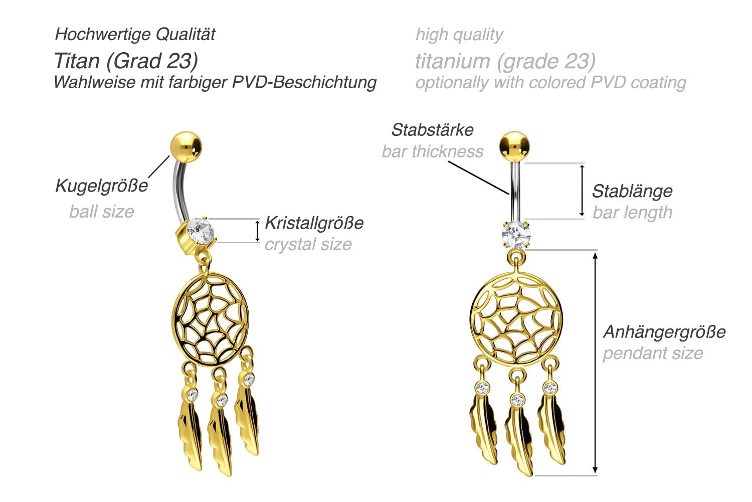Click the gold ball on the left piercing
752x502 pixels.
click(186, 147)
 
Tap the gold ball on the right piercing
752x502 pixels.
click(514, 147)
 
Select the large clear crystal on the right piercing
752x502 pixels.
click(516, 235)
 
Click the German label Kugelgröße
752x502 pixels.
click(101, 186)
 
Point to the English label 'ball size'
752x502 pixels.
click(102, 212)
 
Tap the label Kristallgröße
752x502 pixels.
click(314, 223)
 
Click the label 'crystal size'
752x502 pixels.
click(308, 244)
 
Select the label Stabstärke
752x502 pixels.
click(432, 129)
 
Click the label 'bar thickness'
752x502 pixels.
click(433, 151)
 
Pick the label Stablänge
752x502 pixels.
click(632, 192)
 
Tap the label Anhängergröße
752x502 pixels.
click(664, 332)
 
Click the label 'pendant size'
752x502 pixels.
click(653, 353)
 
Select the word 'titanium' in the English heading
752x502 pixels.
click(453, 61)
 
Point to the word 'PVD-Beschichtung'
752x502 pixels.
click(304, 83)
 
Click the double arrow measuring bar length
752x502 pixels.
click(582, 191)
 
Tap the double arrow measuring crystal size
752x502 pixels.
click(258, 231)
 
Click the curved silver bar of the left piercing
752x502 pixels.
click(178, 192)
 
